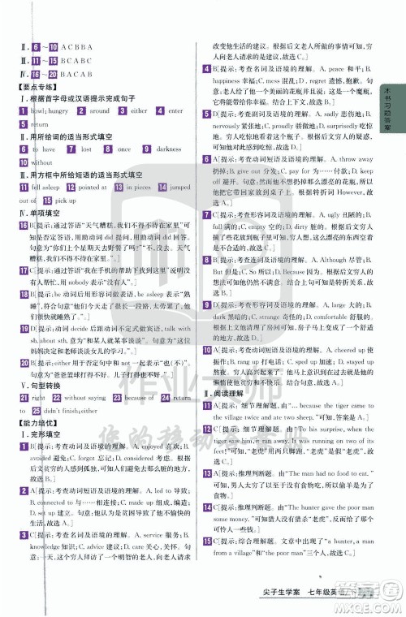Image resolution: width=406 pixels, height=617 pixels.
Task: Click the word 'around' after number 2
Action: [x=100, y=111]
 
